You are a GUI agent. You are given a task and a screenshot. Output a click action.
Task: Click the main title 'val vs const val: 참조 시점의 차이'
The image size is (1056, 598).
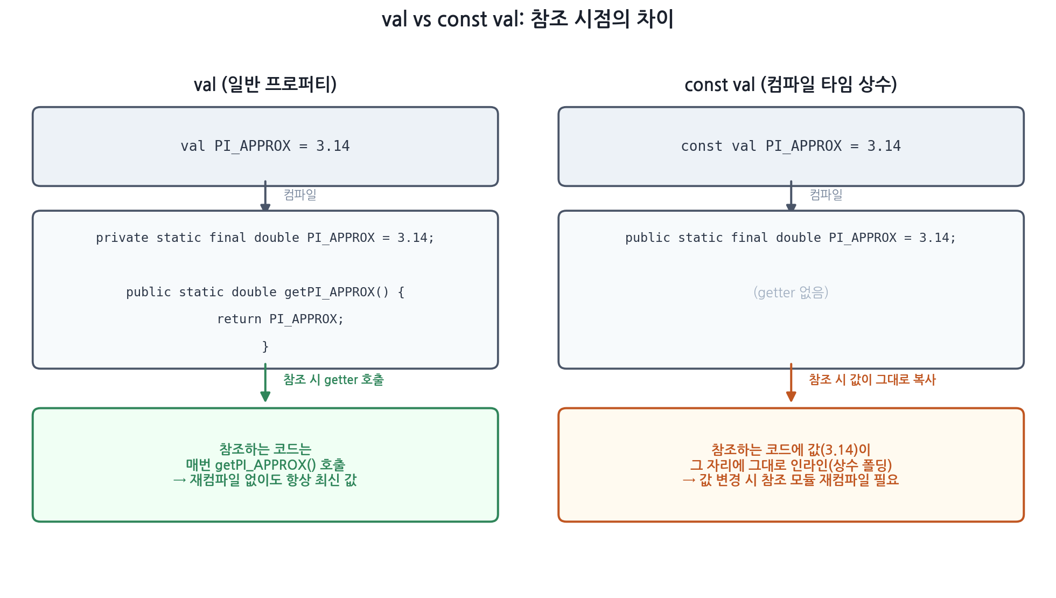528,19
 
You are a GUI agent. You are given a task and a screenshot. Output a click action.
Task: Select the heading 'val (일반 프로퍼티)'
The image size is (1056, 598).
265,85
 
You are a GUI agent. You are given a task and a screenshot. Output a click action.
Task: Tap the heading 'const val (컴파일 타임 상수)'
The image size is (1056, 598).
791,85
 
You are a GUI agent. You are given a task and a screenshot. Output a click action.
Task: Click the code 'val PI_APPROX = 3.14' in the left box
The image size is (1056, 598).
265,146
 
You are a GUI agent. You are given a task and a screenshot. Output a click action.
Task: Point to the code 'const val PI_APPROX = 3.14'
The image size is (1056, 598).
791,146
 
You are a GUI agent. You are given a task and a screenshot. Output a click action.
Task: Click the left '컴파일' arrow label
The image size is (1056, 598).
300,194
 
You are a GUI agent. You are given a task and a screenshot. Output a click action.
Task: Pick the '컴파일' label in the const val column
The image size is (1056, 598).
826,194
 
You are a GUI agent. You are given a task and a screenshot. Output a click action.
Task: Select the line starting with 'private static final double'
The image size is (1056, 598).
265,238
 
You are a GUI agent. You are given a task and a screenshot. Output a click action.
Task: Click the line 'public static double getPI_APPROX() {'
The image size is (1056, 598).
265,292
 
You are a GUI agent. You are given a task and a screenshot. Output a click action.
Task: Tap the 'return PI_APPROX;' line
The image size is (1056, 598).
280,319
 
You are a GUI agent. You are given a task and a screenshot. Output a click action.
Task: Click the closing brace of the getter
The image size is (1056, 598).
265,346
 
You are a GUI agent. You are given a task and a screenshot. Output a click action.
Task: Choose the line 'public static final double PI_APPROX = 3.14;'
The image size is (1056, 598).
791,238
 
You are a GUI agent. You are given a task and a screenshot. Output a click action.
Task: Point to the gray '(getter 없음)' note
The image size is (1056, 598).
791,293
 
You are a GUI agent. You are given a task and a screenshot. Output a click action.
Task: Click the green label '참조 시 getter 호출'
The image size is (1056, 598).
333,380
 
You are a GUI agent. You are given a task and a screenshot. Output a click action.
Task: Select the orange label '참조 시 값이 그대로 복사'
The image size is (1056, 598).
872,380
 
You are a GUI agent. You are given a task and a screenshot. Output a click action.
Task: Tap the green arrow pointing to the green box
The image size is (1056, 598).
265,383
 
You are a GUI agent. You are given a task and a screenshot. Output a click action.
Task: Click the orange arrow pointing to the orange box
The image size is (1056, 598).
791,383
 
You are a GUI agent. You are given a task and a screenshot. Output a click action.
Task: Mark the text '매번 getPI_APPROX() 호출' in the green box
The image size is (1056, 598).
265,464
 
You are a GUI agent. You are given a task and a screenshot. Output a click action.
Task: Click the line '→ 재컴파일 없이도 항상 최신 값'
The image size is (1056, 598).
265,479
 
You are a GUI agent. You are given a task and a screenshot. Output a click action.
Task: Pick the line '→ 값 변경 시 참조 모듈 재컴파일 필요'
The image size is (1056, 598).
791,479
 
